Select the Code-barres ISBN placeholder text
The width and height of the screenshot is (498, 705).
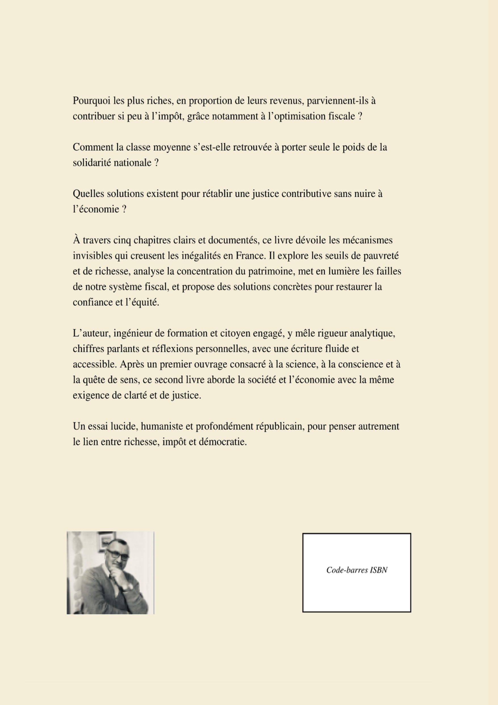(357, 570)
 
